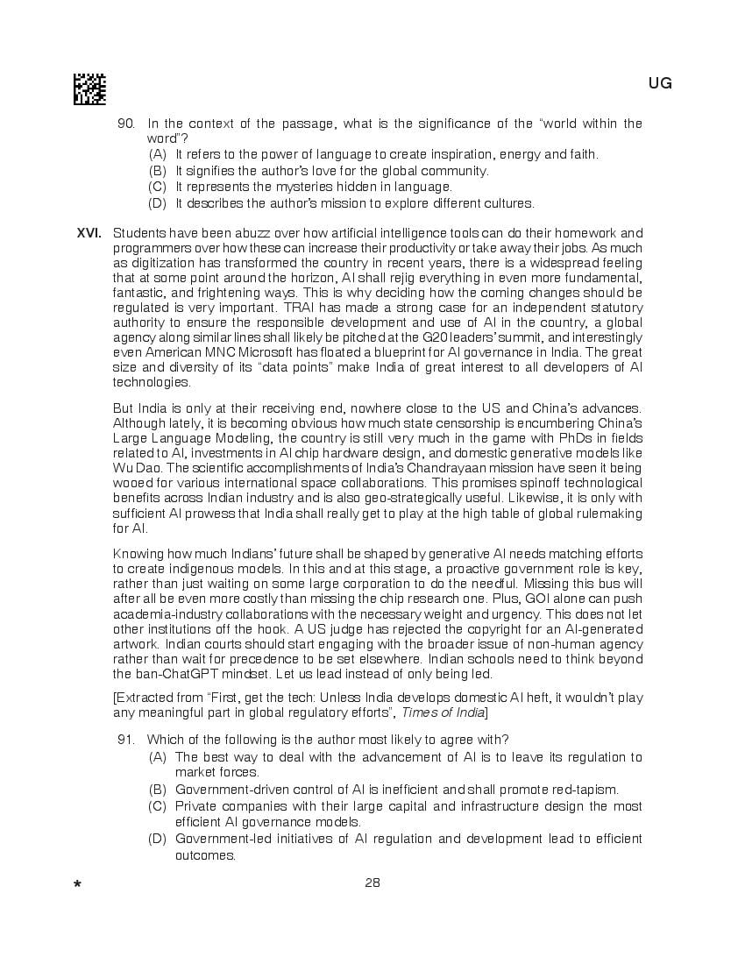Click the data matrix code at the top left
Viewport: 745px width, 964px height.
(x=89, y=89)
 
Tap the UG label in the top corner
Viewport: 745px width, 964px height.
(x=660, y=83)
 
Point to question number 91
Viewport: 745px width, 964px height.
(x=126, y=739)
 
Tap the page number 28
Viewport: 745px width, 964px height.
(x=372, y=882)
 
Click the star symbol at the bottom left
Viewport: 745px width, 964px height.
(x=78, y=884)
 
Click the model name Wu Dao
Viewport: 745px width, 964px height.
(x=132, y=468)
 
